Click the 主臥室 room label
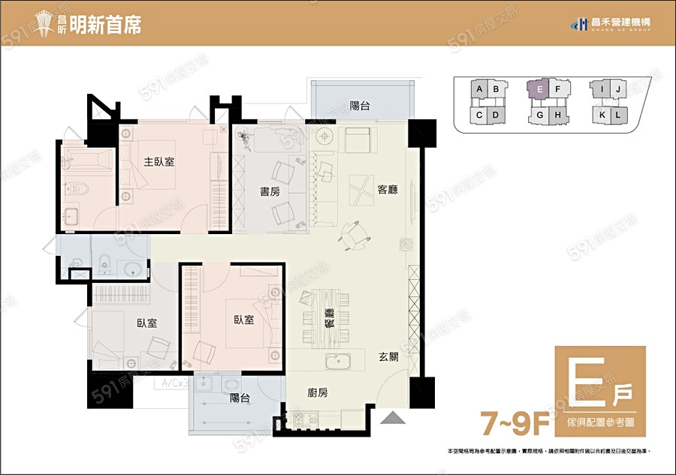click(159, 161)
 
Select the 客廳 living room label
click(388, 190)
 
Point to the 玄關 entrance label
click(388, 358)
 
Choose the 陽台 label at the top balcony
click(360, 106)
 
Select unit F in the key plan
click(558, 89)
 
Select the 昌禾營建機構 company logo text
click(617, 23)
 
